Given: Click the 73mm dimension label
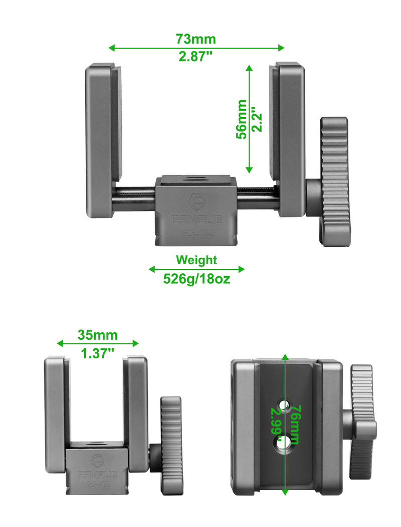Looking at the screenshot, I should pos(195,39).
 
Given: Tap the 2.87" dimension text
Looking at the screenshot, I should pos(196,57).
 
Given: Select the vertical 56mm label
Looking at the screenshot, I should pos(242,119).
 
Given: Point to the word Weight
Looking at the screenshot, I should pos(196,260).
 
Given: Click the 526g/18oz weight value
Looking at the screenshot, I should pos(196,279).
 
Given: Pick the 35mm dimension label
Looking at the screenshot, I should pos(97,335).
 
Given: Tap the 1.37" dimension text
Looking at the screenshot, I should pos(97,353).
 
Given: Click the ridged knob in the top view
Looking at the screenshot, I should pos(334,181).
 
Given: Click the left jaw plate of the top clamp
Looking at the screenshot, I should pos(103,140).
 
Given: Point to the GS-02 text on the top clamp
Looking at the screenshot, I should pos(196,233).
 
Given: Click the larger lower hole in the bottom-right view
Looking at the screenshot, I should pos(283,442).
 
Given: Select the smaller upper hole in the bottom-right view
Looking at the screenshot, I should pos(284,405).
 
